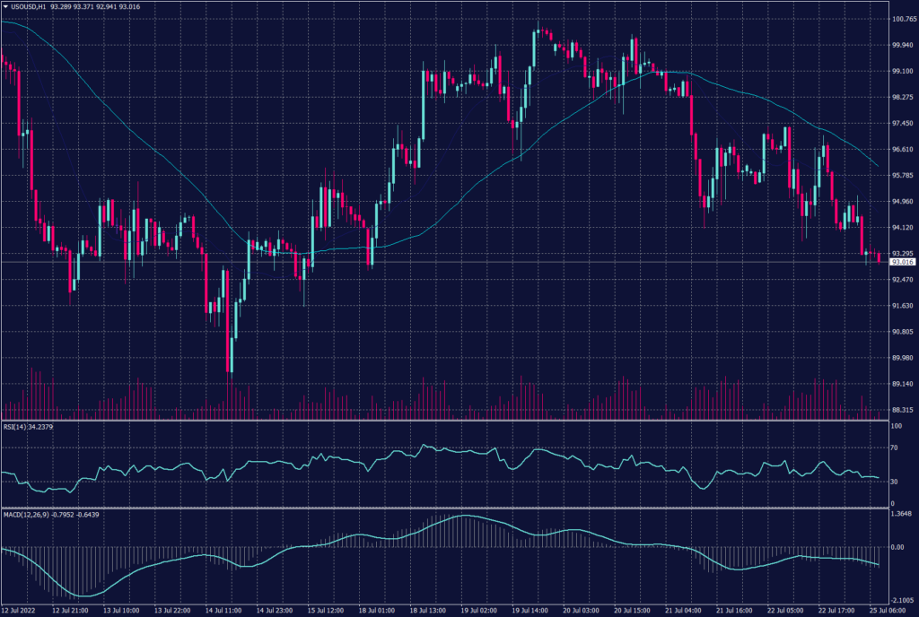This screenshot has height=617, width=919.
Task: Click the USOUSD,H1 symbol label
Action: click(30, 5)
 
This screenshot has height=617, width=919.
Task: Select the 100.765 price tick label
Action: click(902, 19)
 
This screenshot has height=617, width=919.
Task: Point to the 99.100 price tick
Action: click(902, 71)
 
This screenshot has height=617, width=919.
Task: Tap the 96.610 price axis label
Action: click(902, 150)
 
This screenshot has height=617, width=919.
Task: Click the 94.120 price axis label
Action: click(902, 228)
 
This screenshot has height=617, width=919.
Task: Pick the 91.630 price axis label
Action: click(902, 306)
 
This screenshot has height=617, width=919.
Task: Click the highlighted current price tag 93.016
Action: click(902, 262)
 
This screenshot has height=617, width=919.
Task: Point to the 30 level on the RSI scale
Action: click(894, 482)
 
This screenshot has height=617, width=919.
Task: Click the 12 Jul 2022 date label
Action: click(19, 611)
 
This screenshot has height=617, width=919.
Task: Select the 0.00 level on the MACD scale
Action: click(897, 546)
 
